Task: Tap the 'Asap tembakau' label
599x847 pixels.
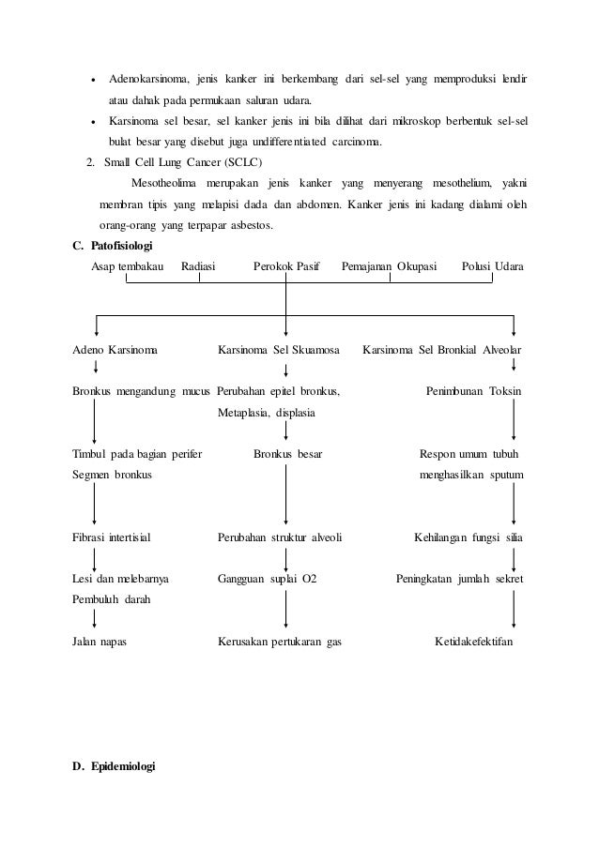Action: [x=128, y=267]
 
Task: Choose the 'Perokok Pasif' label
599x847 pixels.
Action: [x=286, y=267]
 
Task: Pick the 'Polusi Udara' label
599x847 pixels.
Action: [x=494, y=267]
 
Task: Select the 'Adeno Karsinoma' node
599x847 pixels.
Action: [x=115, y=350]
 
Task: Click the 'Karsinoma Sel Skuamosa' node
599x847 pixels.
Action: [x=278, y=350]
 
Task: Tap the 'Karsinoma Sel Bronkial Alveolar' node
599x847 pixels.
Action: [x=442, y=350]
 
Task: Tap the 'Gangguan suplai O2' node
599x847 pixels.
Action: [x=268, y=579]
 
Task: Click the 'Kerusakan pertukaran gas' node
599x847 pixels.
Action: [x=279, y=643]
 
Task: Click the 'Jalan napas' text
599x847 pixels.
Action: [x=100, y=643]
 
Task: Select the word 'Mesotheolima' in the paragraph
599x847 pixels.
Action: [x=165, y=181]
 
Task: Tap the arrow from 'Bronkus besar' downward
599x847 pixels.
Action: [x=286, y=495]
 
